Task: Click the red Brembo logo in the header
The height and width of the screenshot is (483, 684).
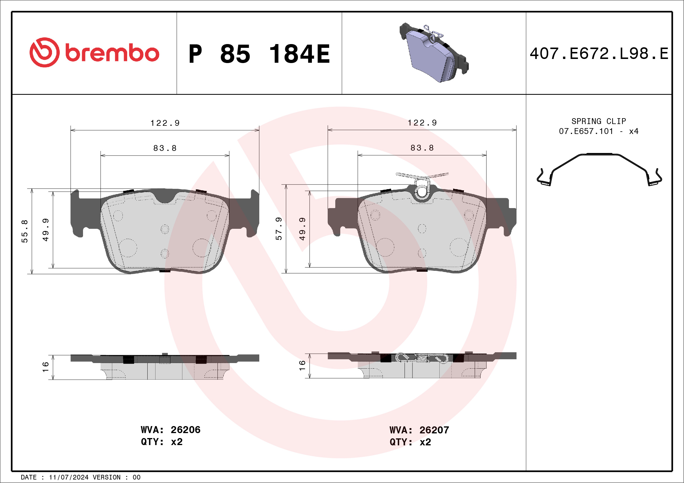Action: (94, 53)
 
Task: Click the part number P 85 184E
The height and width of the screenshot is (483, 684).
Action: (259, 54)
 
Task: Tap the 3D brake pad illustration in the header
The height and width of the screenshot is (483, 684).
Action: (433, 53)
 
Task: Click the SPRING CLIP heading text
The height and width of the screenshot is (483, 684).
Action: (599, 121)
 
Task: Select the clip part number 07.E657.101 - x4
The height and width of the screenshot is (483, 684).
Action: (599, 131)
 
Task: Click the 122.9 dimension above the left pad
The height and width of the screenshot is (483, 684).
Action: (165, 123)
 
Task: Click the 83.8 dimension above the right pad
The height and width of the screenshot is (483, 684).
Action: (422, 148)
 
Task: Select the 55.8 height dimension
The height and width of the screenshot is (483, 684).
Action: (25, 231)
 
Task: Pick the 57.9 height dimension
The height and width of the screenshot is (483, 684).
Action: (279, 229)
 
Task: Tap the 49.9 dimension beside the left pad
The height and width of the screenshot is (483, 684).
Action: (46, 230)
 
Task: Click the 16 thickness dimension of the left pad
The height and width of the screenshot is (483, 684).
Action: (46, 367)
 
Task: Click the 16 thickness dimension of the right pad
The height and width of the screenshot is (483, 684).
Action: (302, 365)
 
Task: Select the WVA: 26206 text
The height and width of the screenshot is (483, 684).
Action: (170, 430)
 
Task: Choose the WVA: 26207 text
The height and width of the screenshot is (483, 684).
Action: (419, 430)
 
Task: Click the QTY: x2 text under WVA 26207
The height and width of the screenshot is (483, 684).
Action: (410, 442)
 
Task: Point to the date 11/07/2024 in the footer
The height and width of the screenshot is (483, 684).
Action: (68, 477)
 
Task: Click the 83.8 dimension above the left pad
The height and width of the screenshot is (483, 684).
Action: (165, 148)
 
